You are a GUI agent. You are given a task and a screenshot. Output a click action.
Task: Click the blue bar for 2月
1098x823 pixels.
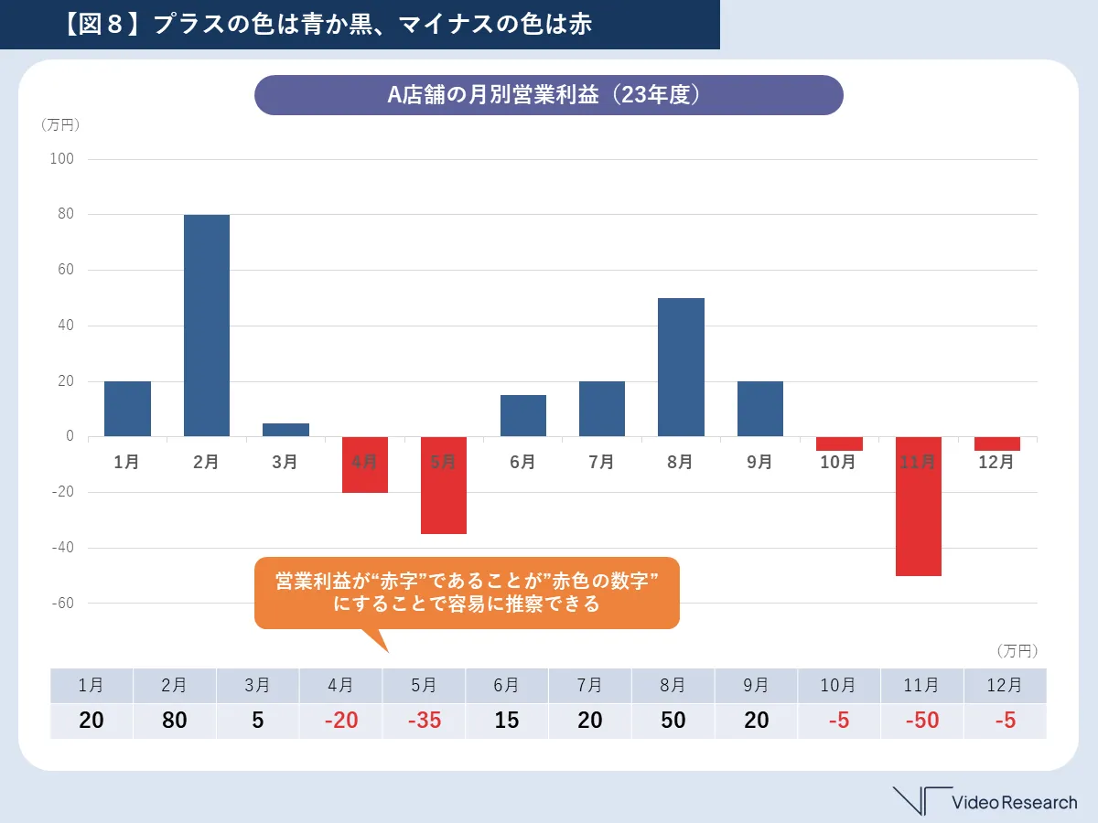pos(206,326)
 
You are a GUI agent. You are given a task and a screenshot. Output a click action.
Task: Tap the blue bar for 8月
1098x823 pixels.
pos(681,367)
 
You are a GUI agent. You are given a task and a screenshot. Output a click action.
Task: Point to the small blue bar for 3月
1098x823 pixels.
pos(285,430)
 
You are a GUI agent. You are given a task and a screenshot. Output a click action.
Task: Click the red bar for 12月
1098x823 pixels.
pos(996,444)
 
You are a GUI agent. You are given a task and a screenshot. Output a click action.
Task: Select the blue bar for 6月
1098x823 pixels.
pos(522,415)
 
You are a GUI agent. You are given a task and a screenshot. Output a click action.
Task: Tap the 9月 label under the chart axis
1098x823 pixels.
pos(759,463)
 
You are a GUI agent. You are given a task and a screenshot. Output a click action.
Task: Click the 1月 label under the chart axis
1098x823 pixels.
pos(126,463)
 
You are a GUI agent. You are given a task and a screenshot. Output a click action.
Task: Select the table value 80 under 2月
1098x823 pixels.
pos(174,721)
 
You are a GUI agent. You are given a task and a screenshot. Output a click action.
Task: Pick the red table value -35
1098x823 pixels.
pos(425,721)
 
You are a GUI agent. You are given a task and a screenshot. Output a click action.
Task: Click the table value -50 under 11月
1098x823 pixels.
pos(920,721)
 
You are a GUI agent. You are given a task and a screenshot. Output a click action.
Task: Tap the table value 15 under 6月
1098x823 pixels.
pos(506,721)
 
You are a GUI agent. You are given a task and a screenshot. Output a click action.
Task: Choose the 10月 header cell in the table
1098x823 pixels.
pos(838,685)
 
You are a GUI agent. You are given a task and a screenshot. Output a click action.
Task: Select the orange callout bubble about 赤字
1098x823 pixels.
pos(467,593)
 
